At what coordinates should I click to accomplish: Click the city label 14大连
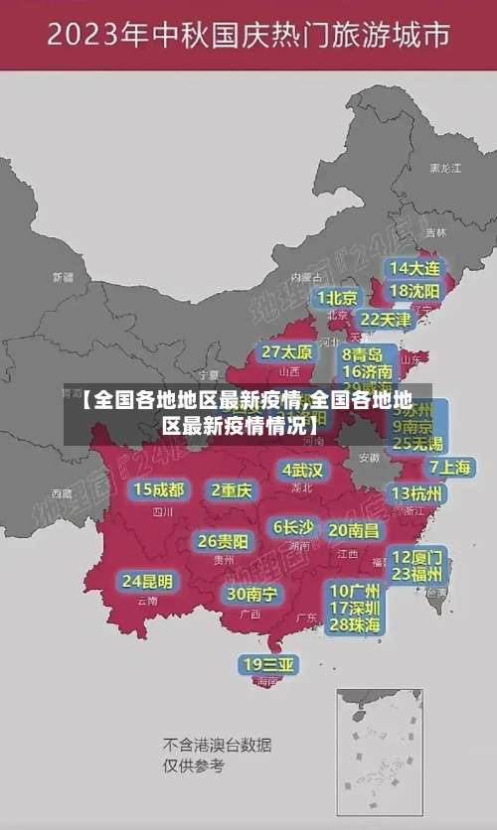(414, 268)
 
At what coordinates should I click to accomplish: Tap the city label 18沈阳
(414, 291)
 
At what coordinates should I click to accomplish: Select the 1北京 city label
(337, 297)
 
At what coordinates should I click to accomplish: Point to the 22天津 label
(385, 320)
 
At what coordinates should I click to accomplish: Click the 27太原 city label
(287, 352)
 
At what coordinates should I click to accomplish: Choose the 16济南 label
(368, 372)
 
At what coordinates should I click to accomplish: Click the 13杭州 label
(418, 493)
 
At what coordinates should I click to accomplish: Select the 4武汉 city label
(302, 470)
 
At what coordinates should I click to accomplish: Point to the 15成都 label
(159, 489)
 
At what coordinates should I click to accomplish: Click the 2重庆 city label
(232, 489)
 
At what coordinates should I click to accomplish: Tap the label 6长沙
(293, 527)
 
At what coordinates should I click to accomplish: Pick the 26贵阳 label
(224, 542)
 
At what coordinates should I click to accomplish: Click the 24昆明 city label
(147, 581)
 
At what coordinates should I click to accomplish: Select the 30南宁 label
(252, 594)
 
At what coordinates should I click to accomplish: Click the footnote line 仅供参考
(194, 765)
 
